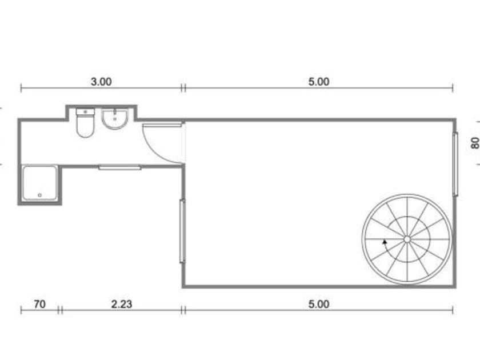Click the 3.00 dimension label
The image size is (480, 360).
click(101, 82)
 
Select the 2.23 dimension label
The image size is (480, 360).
click(122, 304)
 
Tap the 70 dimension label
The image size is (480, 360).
click(40, 304)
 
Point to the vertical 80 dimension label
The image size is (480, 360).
click(475, 143)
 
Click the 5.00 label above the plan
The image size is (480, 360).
click(319, 82)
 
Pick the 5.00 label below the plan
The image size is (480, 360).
click(319, 304)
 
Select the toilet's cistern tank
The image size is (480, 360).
click(85, 112)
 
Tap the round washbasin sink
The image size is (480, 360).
click(114, 119)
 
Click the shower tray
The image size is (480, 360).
click(40, 183)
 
